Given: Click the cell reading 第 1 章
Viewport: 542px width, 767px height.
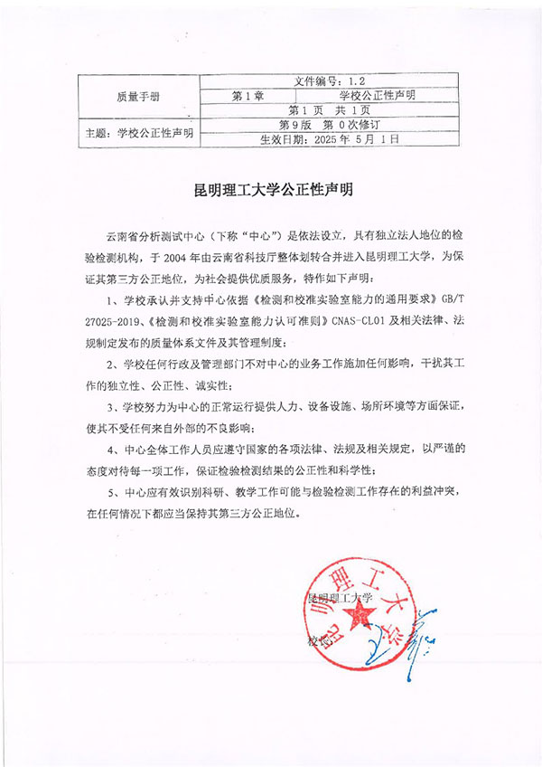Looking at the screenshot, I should click(247, 95).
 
